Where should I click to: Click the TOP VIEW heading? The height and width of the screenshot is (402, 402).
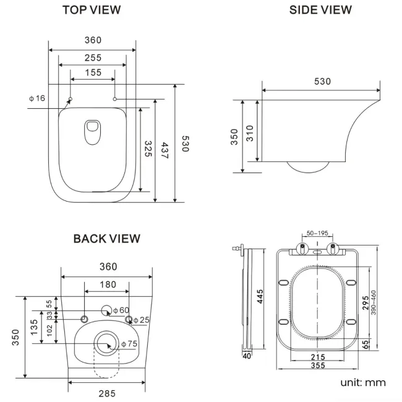click(x=92, y=10)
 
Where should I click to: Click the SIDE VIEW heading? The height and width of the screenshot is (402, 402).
click(x=320, y=10)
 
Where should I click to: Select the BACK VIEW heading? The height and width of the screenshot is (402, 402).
click(x=106, y=239)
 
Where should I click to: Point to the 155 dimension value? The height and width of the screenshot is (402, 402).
click(x=92, y=73)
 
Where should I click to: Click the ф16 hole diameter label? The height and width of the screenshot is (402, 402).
click(x=37, y=98)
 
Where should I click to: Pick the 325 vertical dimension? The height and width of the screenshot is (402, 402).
click(x=148, y=149)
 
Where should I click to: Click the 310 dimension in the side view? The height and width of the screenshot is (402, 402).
click(x=250, y=133)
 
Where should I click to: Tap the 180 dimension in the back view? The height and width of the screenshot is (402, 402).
click(x=107, y=284)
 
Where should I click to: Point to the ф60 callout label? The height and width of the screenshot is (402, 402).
click(x=122, y=310)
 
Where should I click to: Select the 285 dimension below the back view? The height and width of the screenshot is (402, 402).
click(x=107, y=391)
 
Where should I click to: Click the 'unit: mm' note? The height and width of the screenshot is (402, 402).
click(x=362, y=383)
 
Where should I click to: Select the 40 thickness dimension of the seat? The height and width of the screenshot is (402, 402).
click(x=246, y=355)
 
